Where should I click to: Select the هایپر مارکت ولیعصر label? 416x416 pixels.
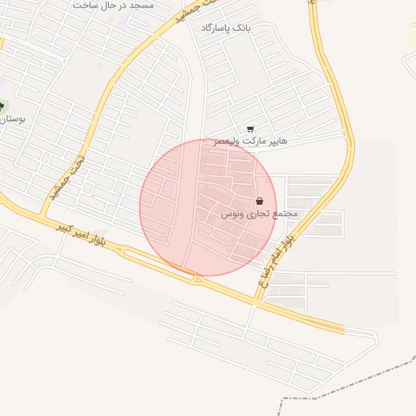pyautogui.click(x=250, y=141)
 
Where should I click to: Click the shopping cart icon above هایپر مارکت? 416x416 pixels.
pyautogui.click(x=250, y=128)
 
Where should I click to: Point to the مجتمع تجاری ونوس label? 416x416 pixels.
pyautogui.click(x=260, y=214)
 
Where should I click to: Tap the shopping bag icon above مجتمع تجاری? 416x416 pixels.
pyautogui.click(x=259, y=201)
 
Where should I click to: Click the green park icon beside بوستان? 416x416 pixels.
pyautogui.click(x=2, y=106)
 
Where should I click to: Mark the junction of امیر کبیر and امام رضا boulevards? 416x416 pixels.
pyautogui.click(x=258, y=301)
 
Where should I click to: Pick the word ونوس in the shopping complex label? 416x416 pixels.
pyautogui.click(x=232, y=214)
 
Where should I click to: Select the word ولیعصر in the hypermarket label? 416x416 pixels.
pyautogui.click(x=227, y=141)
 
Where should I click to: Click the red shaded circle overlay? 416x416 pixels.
pyautogui.click(x=208, y=207)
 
